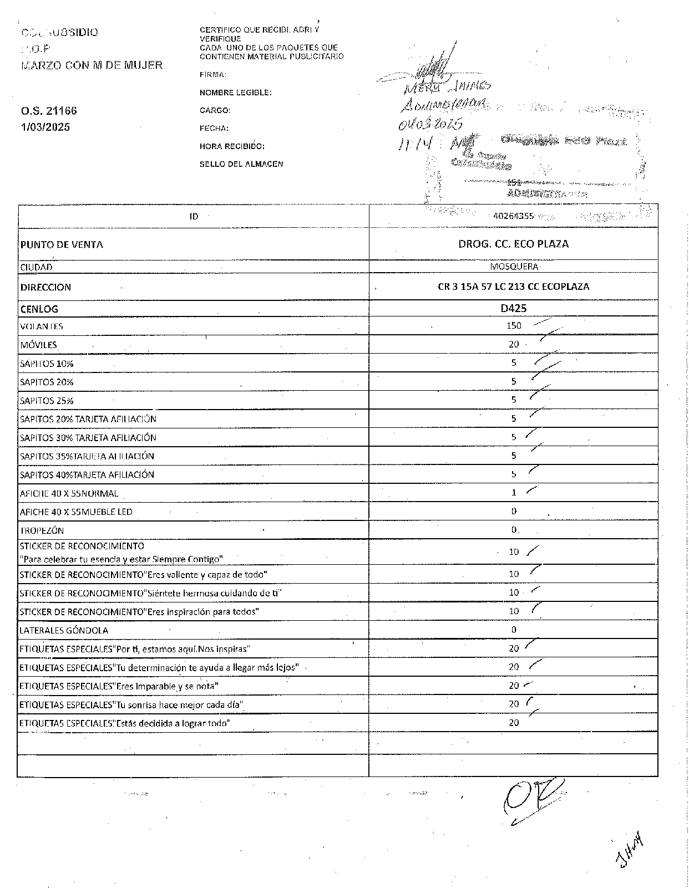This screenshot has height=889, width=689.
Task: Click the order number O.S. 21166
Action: coord(49,111)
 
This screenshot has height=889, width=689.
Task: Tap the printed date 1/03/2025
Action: coord(45,127)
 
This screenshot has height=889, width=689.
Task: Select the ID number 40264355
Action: coord(513,216)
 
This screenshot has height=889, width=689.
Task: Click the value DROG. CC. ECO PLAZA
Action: coord(513,244)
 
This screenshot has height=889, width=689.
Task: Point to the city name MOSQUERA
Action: coord(514,267)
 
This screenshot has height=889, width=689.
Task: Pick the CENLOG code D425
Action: coord(513,308)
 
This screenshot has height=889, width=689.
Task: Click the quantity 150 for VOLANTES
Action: coord(514,326)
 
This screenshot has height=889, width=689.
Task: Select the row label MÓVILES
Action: coord(38,345)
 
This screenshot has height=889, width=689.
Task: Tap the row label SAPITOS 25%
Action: coord(47,401)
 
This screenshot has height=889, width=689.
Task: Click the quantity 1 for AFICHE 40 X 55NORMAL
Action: coord(514,492)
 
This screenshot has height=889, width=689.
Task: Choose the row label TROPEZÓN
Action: coord(42,530)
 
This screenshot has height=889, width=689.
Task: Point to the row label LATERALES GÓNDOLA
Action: coord(64,630)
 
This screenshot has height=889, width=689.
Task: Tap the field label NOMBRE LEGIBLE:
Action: coord(235,93)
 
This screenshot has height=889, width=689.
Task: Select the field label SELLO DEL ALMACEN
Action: coord(241,164)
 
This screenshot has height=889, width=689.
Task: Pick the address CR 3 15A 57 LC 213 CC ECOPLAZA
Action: coord(513,287)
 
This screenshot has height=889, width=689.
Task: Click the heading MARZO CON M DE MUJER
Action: coord(92,65)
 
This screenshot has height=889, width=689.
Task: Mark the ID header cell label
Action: coord(194,216)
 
